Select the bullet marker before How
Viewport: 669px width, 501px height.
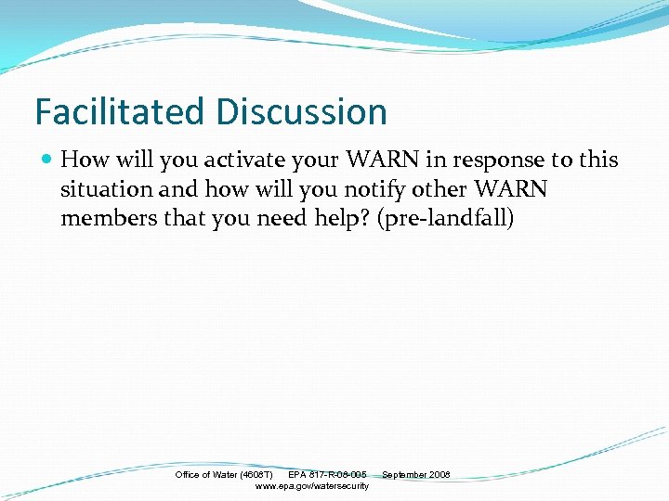coord(46,160)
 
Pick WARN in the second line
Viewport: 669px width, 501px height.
coord(510,190)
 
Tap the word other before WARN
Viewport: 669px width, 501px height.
coord(442,190)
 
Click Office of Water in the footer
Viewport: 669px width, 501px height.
coord(206,475)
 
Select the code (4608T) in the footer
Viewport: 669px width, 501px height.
coord(256,475)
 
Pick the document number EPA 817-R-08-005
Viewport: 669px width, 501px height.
coord(327,475)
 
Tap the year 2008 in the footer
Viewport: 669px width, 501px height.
coord(439,475)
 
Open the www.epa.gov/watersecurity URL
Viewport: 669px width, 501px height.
coord(311,486)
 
